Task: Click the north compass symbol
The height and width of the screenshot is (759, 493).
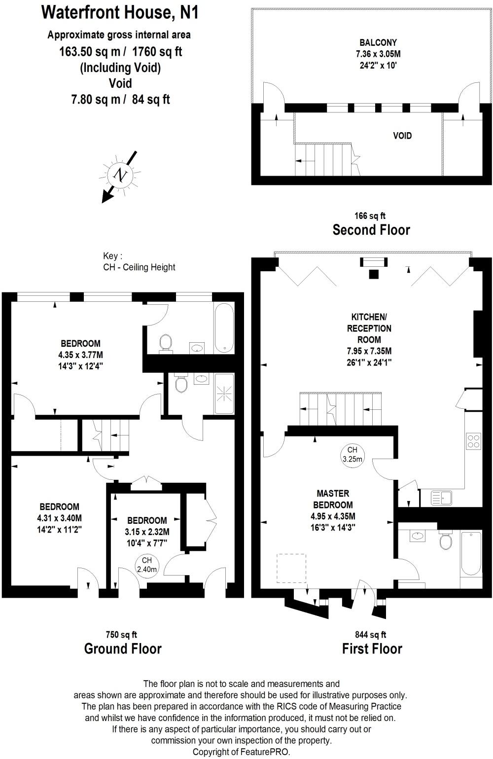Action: pos(120,174)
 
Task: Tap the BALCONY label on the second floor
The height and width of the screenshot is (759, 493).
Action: pos(378,43)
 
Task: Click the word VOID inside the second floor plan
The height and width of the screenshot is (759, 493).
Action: pos(402,136)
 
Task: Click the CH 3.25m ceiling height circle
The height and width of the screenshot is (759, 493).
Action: pos(352,454)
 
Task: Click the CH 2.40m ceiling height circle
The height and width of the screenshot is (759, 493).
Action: pos(146,565)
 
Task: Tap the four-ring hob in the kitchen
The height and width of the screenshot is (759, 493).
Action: pos(473,440)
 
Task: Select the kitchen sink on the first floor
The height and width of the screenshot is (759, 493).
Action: pos(441,498)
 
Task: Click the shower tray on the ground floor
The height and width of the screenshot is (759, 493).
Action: pos(224,393)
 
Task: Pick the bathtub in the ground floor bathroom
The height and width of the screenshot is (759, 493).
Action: pos(224,328)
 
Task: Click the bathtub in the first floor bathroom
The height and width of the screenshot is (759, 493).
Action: pos(471,553)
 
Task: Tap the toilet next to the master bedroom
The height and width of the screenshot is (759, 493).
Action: pos(446,541)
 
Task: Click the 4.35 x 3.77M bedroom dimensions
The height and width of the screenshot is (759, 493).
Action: pos(80,355)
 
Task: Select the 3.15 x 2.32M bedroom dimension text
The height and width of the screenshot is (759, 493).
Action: pos(147,532)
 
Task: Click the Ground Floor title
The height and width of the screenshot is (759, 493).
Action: pos(123,649)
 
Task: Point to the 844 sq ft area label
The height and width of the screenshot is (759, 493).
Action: pos(371,635)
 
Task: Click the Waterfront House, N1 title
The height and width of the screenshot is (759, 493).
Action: pos(120,12)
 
